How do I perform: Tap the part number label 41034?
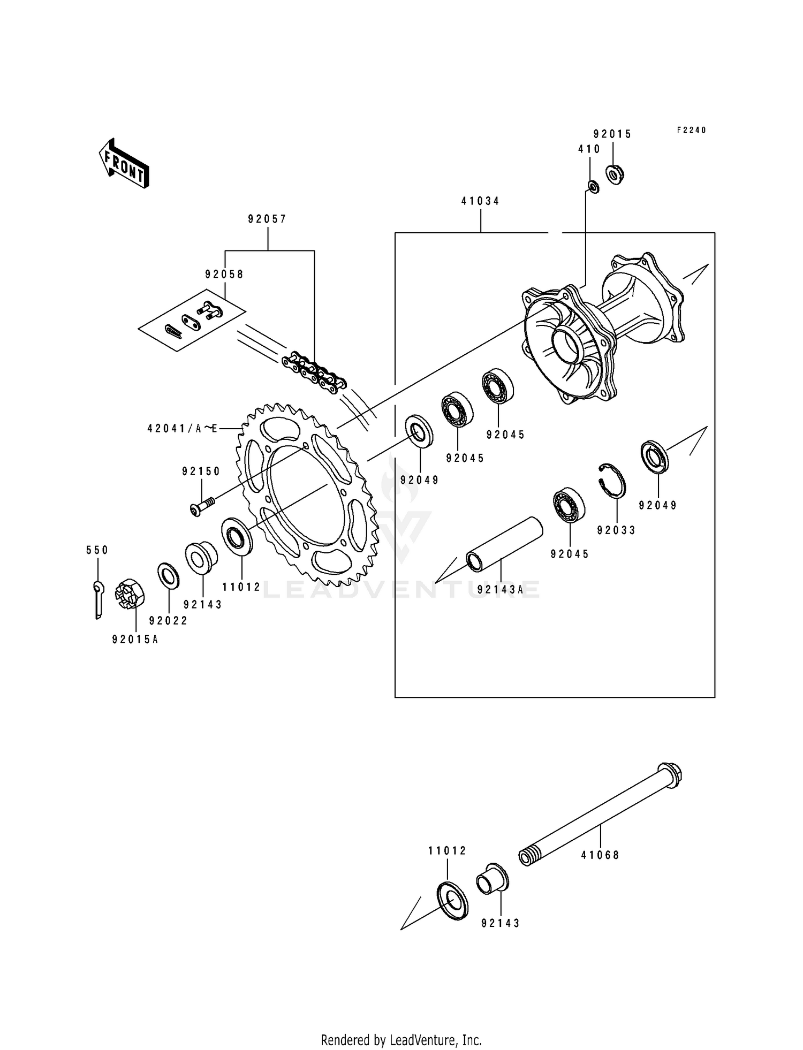[x=480, y=201]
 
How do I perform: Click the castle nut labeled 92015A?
[x=129, y=594]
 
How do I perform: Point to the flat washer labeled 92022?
[x=169, y=575]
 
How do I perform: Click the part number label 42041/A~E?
[x=183, y=428]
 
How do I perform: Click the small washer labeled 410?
[x=593, y=187]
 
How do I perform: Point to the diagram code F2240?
[x=691, y=130]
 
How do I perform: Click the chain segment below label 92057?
[x=315, y=372]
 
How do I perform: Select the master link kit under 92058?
[x=192, y=319]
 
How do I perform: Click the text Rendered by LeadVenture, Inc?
[x=401, y=1040]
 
